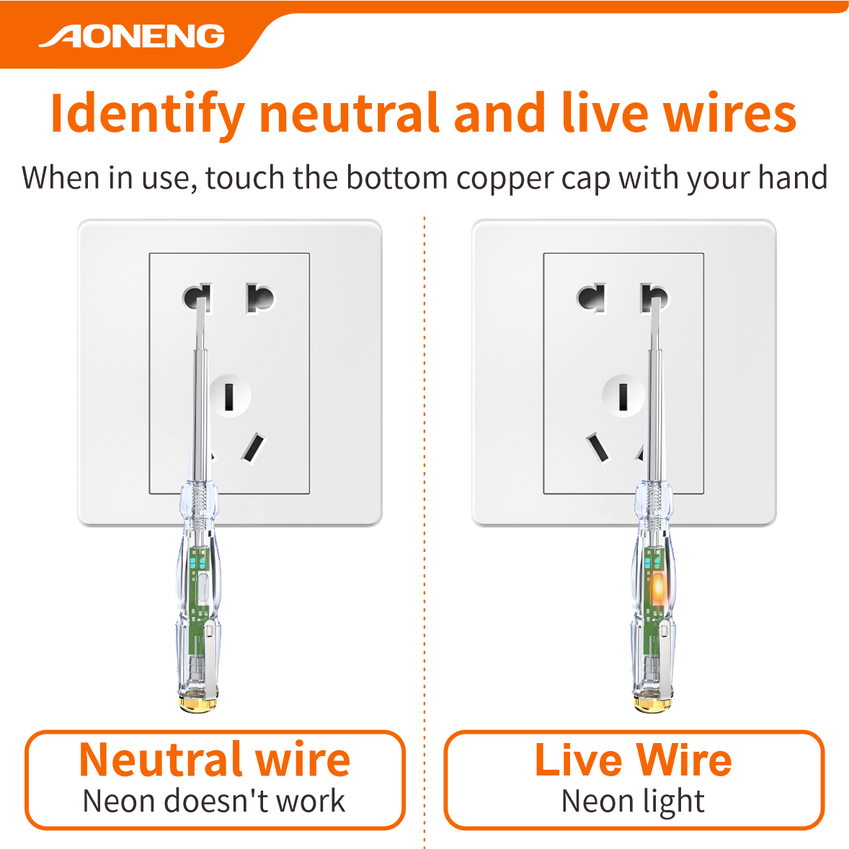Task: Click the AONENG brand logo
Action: pyautogui.click(x=132, y=36)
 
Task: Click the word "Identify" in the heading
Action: pyautogui.click(x=147, y=114)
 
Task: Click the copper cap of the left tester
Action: pyautogui.click(x=198, y=703)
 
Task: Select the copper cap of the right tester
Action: pyautogui.click(x=654, y=703)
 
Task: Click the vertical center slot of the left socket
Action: pyautogui.click(x=229, y=396)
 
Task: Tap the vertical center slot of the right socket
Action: pyautogui.click(x=623, y=396)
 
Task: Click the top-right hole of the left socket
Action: pyautogui.click(x=260, y=298)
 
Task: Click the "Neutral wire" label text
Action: pyautogui.click(x=215, y=759)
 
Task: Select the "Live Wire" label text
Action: pyautogui.click(x=633, y=759)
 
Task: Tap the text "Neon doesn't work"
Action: pyautogui.click(x=214, y=801)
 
